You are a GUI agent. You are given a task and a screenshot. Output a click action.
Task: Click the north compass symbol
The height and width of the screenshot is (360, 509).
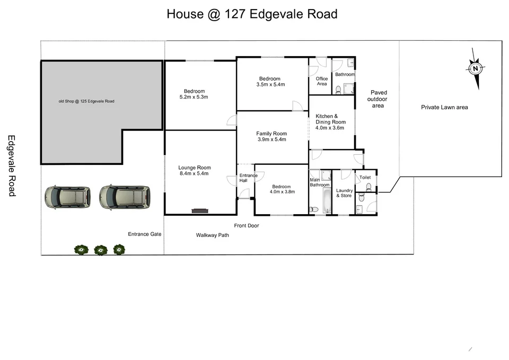476,68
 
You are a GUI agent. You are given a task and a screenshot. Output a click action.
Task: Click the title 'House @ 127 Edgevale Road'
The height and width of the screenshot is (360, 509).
252,14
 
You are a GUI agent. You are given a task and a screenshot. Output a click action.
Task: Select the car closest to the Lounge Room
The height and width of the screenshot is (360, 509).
125,197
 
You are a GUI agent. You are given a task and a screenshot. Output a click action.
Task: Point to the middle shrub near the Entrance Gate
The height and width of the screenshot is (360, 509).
100,249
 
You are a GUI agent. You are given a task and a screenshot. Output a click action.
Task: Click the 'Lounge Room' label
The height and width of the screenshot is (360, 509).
194,168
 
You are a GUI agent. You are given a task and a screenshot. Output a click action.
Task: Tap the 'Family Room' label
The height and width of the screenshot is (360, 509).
271,134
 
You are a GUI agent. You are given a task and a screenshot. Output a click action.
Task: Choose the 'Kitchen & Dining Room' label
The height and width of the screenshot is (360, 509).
330,119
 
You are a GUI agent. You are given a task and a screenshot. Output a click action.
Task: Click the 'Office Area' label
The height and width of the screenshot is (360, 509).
322,81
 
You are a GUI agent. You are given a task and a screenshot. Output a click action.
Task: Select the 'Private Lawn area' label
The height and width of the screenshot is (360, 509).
444,107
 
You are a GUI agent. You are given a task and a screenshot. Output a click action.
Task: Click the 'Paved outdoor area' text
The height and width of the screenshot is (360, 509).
378,99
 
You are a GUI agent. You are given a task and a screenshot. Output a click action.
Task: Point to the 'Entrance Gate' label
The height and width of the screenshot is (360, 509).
144,234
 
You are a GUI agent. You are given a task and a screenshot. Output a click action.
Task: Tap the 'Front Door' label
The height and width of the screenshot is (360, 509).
246,225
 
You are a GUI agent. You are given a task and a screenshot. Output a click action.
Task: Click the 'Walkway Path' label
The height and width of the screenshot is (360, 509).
212,235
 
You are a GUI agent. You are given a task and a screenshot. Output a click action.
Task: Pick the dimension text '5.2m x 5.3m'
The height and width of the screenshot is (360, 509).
194,97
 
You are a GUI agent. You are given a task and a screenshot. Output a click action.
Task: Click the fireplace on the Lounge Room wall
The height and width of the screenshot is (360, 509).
199,211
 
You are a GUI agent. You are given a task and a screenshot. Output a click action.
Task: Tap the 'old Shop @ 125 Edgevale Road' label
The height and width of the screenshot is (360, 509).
86,101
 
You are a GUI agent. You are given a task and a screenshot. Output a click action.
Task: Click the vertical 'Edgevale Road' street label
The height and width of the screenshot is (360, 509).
11,165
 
